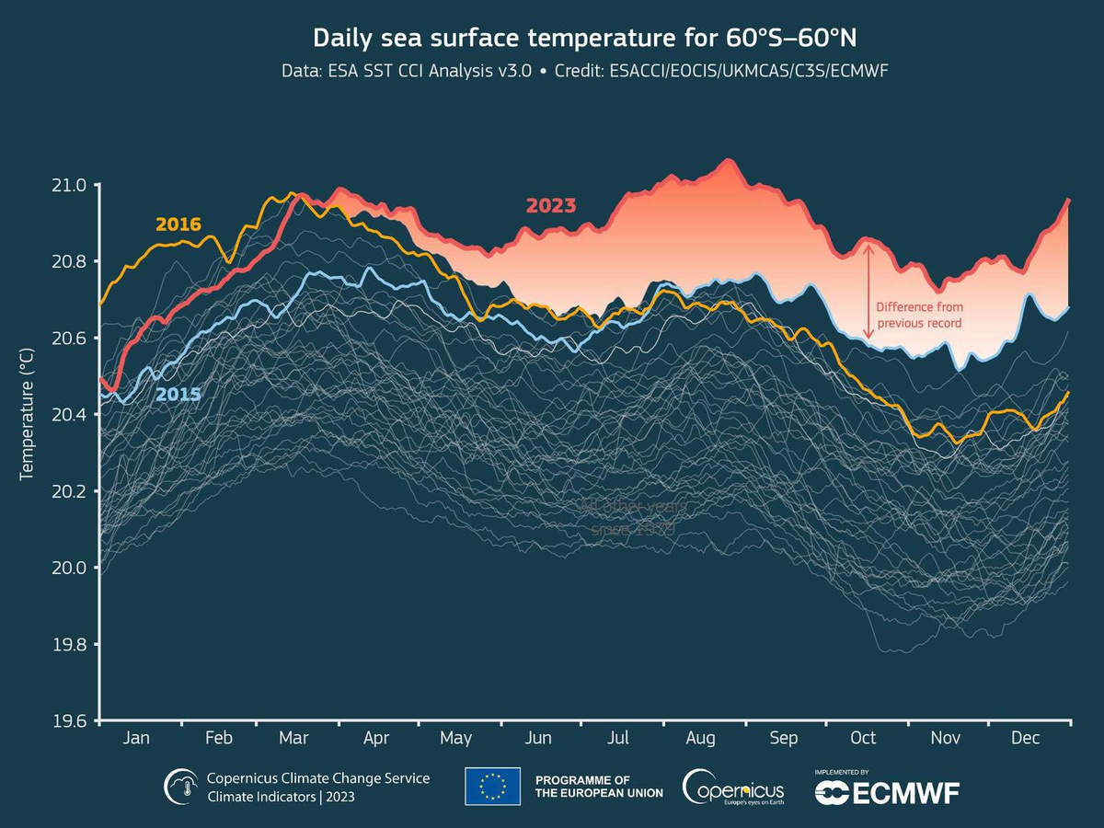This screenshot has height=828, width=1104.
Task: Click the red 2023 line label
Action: point(551,205)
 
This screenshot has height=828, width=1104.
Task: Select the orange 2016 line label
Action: point(178,224)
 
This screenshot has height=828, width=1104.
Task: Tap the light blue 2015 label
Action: point(178,394)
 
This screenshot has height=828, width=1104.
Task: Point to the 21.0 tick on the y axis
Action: point(70,185)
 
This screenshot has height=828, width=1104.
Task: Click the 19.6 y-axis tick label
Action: point(70,720)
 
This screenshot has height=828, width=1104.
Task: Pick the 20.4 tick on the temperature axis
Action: point(70,415)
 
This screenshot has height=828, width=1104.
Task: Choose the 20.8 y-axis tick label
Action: point(70,261)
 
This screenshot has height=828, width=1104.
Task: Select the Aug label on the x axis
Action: point(701,738)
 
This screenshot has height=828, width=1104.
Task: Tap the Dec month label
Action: point(1025,738)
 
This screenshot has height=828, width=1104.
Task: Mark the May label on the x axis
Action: point(456,738)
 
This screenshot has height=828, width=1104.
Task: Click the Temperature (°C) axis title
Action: point(27,414)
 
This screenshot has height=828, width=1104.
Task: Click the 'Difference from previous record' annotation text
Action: point(918,315)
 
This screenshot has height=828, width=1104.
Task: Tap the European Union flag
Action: point(492,787)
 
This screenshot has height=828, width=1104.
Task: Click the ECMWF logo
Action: point(887,791)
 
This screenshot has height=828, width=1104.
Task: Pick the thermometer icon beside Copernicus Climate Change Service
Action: point(180,788)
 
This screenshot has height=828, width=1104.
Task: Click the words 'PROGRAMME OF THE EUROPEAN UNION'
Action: point(599,787)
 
